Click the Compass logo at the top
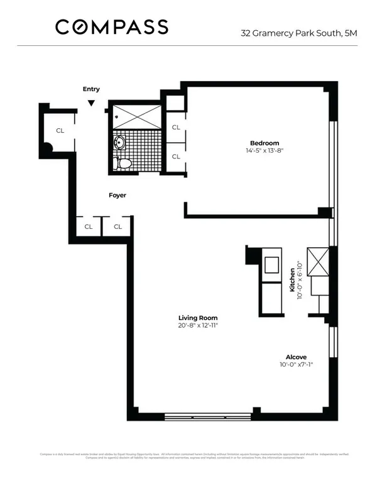[112, 27]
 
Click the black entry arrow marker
[92, 103]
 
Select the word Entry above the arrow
[91, 89]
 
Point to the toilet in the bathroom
[123, 164]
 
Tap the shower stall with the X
[136, 116]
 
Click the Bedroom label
[264, 143]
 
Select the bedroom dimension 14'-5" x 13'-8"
[264, 151]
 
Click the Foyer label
[117, 195]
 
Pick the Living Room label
[198, 318]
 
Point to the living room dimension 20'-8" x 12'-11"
[198, 326]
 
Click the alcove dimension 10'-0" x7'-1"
[297, 364]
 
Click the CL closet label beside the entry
[60, 131]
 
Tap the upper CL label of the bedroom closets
[176, 127]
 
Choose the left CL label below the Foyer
[89, 226]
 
